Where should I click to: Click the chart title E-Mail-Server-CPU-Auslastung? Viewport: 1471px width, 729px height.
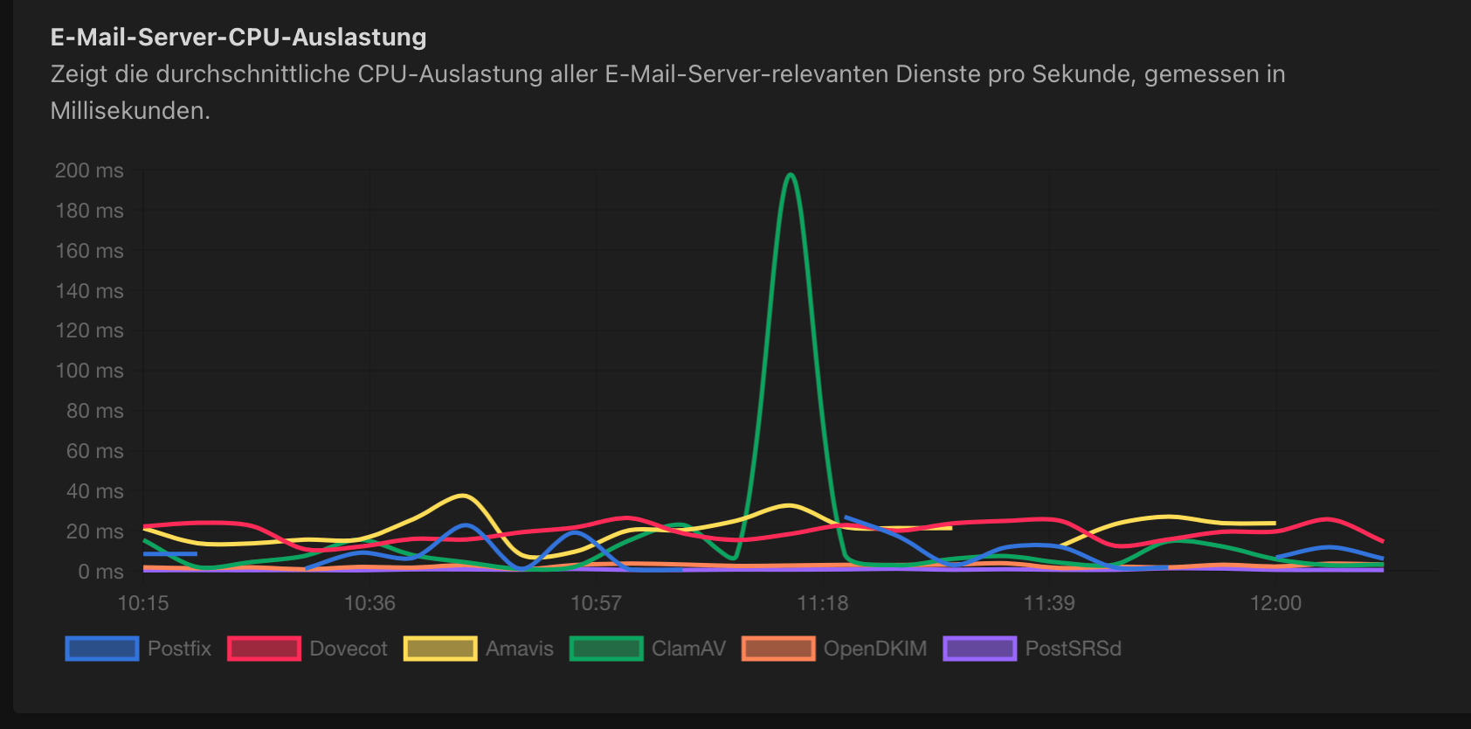click(238, 37)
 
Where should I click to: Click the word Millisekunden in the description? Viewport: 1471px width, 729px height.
click(129, 111)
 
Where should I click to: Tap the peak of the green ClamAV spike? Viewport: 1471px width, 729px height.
click(791, 175)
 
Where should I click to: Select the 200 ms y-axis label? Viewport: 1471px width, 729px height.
click(89, 170)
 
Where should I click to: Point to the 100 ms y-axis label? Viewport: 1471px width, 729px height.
click(89, 371)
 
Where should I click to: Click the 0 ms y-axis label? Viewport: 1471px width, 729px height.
click(100, 572)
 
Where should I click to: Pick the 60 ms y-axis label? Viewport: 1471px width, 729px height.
click(94, 451)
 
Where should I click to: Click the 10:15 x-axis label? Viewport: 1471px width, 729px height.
click(143, 603)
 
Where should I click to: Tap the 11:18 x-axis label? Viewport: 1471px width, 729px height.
click(823, 603)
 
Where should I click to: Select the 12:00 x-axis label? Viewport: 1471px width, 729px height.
click(1275, 603)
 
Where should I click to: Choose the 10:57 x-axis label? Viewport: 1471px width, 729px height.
click(596, 603)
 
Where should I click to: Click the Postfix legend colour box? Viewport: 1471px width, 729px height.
click(102, 649)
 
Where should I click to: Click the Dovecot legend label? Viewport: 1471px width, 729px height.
click(348, 649)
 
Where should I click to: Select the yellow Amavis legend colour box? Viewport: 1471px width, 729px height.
click(440, 649)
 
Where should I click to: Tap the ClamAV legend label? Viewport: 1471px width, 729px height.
click(688, 649)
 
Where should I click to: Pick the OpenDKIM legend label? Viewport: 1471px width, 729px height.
click(874, 649)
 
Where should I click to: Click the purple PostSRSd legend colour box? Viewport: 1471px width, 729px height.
click(979, 649)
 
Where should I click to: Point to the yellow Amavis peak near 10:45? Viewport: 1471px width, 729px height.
click(464, 496)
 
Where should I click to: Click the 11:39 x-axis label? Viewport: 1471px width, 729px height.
click(1049, 603)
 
